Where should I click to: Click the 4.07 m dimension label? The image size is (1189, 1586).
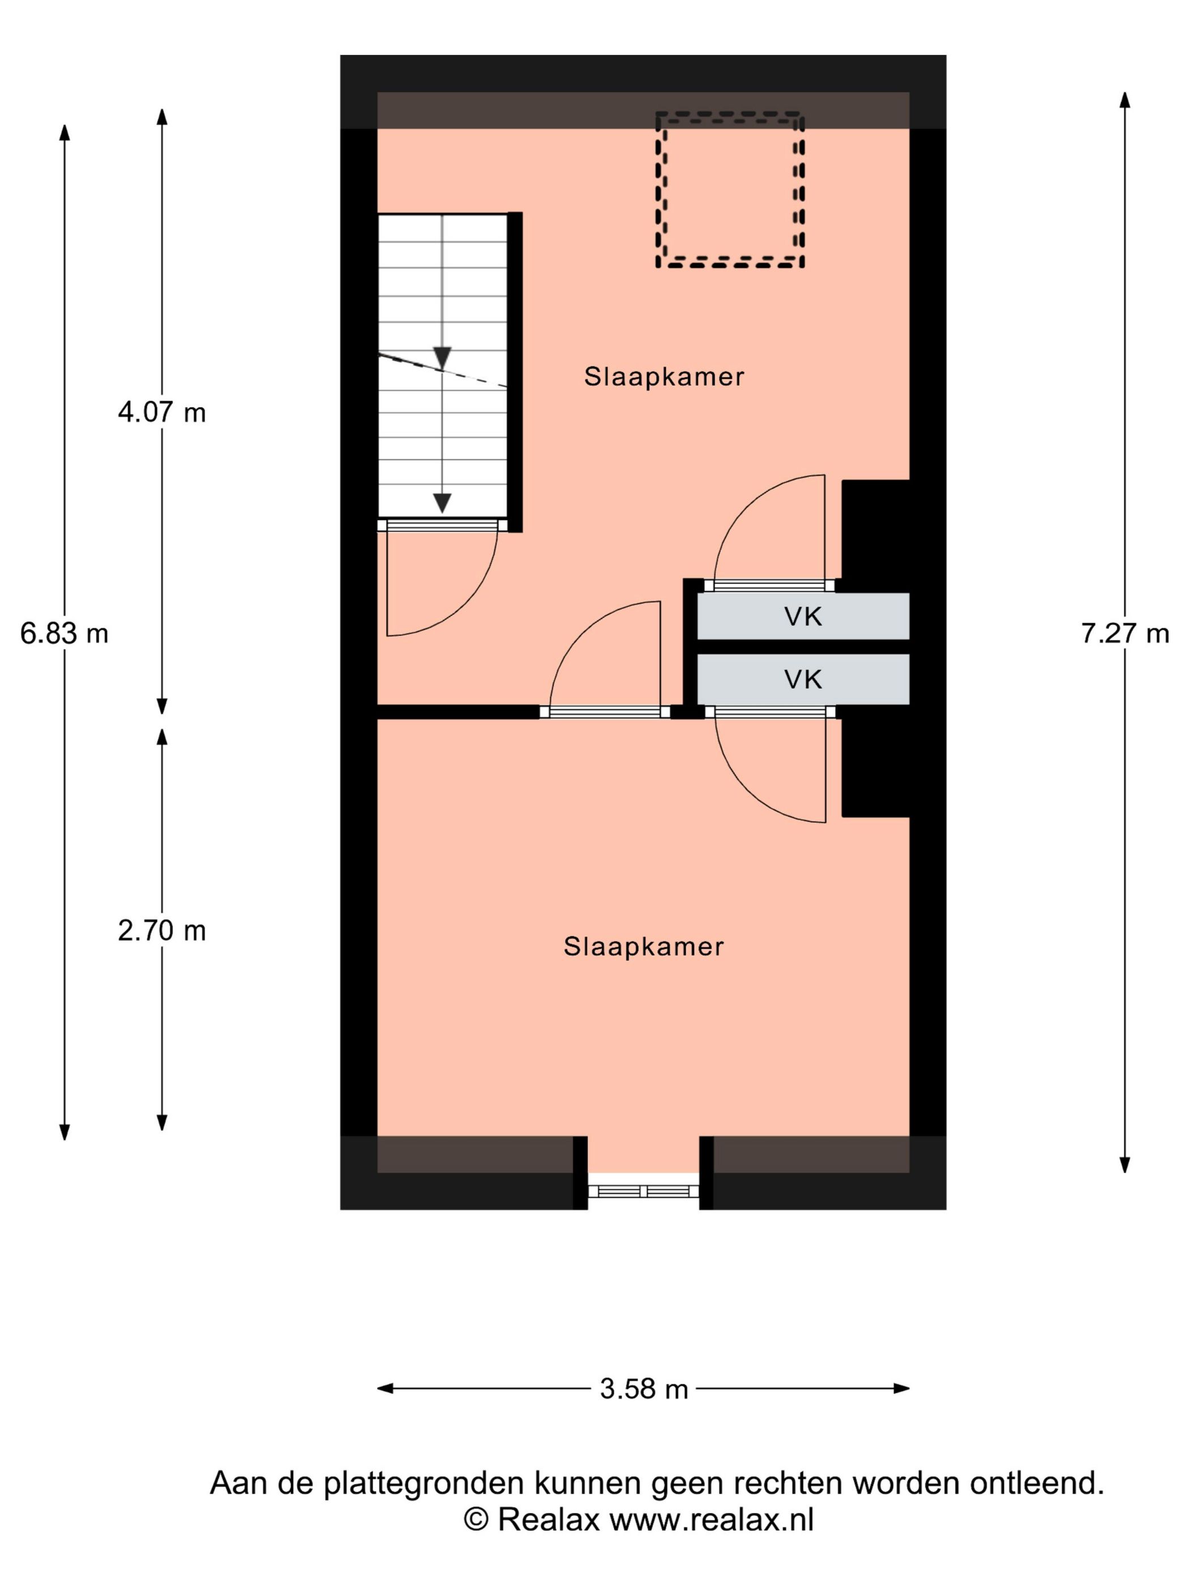point(162,412)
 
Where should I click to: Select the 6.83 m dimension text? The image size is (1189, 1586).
point(65,633)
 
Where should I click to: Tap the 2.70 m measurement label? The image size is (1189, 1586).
point(162,931)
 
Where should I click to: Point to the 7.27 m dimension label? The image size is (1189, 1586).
point(1124,633)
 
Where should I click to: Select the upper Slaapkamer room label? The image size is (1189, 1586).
point(664,377)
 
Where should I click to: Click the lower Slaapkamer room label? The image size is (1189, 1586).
point(644,947)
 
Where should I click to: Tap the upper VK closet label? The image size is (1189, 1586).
point(803,617)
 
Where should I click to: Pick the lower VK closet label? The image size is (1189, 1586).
point(803,679)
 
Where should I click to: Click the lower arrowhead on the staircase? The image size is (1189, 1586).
point(442,504)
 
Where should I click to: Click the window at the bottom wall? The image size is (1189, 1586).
point(643,1191)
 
